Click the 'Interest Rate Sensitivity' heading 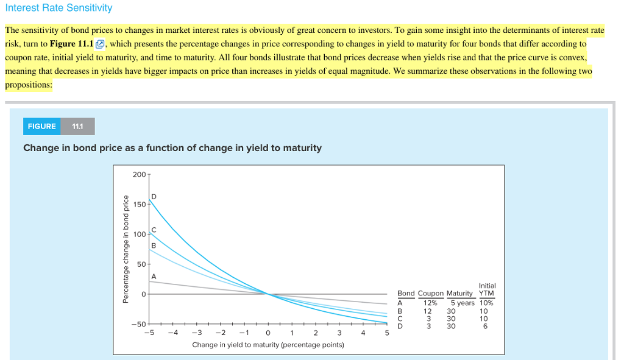[58, 8]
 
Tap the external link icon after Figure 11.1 [101, 44]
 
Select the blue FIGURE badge [42, 127]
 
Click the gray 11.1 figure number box [78, 127]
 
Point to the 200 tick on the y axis [139, 175]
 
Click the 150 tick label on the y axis [139, 205]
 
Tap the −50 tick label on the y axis [138, 324]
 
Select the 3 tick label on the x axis [339, 333]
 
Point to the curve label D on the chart [154, 197]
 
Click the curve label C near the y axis [154, 230]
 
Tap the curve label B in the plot [154, 245]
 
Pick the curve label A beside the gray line [154, 277]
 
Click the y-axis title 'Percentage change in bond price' [126, 249]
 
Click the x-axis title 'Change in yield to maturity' [268, 345]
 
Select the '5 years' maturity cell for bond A [462, 303]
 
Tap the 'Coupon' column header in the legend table [430, 294]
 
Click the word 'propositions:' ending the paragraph [28, 85]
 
